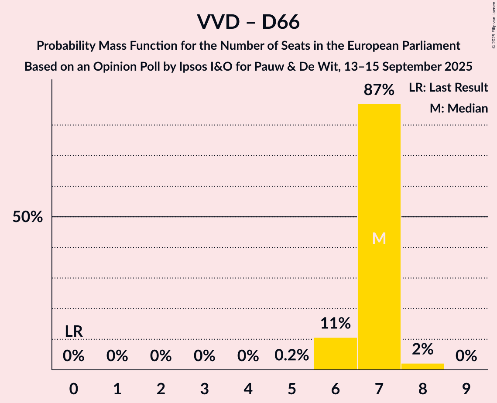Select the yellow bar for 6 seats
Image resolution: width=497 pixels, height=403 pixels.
335,354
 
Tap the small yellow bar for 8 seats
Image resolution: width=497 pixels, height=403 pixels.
422,366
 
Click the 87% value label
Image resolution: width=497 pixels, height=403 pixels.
379,90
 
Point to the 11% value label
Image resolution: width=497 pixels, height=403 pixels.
335,324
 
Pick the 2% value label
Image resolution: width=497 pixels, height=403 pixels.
422,349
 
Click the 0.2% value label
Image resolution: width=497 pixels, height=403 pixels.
291,356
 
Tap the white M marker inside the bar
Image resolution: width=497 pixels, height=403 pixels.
379,238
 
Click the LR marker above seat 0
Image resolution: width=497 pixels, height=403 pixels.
74,331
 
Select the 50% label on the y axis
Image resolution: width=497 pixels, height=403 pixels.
27,217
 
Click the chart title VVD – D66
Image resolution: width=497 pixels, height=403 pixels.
248,22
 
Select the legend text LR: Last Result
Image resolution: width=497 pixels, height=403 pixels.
448,88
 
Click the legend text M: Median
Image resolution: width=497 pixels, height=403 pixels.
459,108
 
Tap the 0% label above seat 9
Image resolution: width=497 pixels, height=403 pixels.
466,356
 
